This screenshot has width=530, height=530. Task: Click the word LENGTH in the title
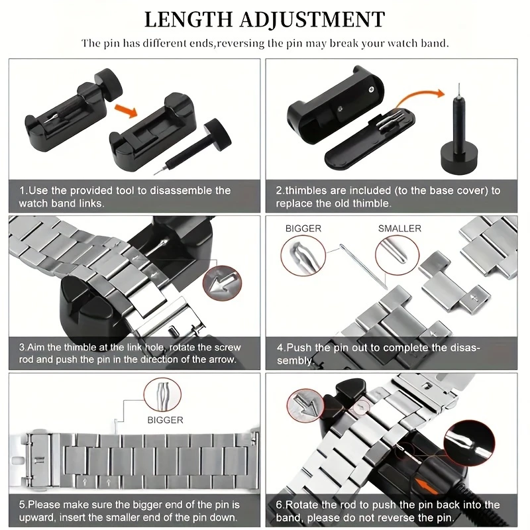pyautogui.click(x=188, y=19)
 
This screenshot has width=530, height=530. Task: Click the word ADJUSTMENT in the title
pyautogui.click(x=313, y=19)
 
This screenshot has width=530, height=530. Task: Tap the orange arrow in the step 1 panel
pyautogui.click(x=126, y=111)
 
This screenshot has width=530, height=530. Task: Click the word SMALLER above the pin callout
pyautogui.click(x=399, y=229)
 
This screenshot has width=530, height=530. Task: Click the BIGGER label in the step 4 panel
pyautogui.click(x=303, y=229)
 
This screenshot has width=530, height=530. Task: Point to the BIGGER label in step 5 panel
pyautogui.click(x=165, y=420)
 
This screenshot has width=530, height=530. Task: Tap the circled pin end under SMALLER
pyautogui.click(x=397, y=255)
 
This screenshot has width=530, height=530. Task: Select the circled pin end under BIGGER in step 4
pyautogui.click(x=303, y=256)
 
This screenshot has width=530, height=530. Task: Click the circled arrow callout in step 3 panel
pyautogui.click(x=222, y=283)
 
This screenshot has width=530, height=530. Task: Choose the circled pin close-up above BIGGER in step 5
pyautogui.click(x=162, y=394)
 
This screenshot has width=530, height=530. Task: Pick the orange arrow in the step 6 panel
pyautogui.click(x=427, y=486)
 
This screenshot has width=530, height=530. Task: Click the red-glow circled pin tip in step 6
pyautogui.click(x=469, y=443)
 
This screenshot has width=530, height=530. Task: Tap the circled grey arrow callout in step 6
pyautogui.click(x=305, y=405)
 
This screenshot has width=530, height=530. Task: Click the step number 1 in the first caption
pyautogui.click(x=22, y=190)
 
